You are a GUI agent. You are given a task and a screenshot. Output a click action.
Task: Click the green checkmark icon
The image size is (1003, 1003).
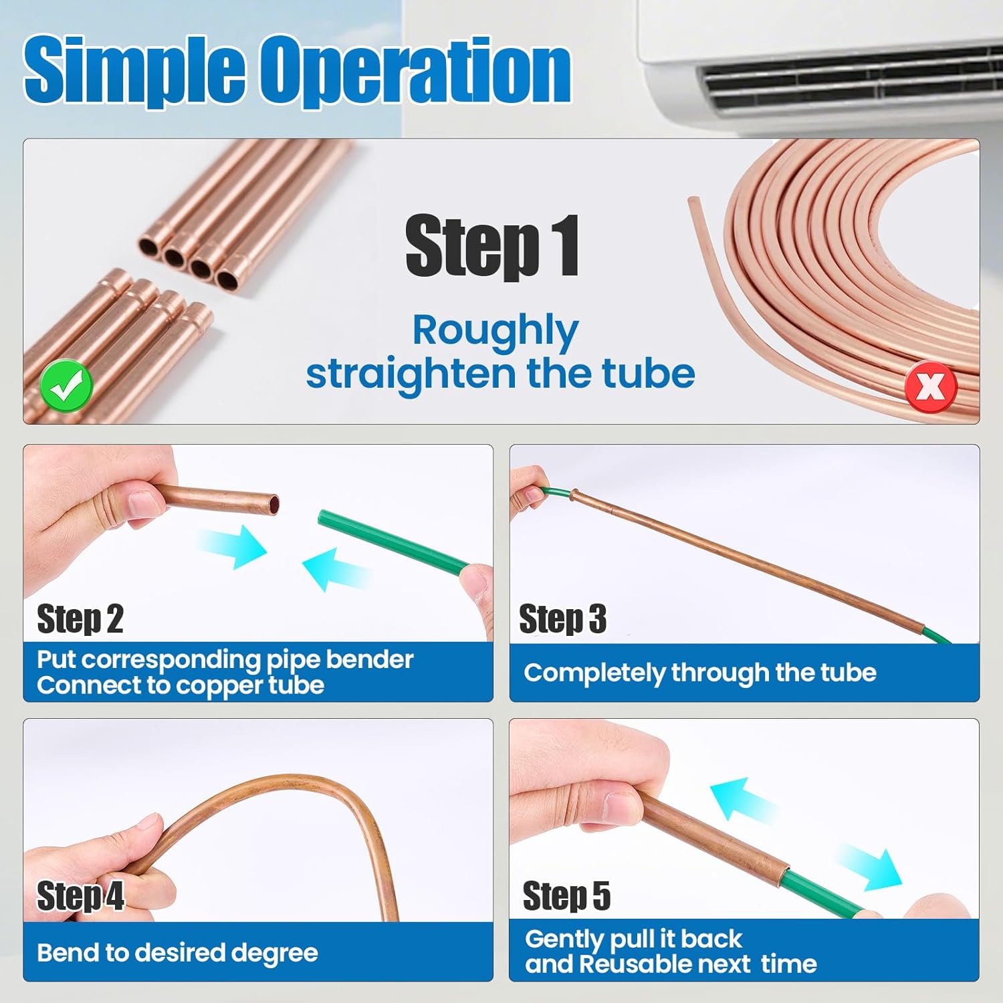pyautogui.click(x=66, y=386)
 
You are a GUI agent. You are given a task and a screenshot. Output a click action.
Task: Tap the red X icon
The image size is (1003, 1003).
pyautogui.click(x=931, y=386)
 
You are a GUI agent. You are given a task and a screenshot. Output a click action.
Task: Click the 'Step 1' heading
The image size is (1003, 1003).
pyautogui.click(x=493, y=246)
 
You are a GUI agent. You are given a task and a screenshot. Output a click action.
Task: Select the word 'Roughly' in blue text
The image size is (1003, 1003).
pyautogui.click(x=495, y=330)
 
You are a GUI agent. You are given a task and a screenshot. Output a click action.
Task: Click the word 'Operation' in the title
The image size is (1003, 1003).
pyautogui.click(x=416, y=70)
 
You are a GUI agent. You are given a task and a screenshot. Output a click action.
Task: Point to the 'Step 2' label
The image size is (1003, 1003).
pyautogui.click(x=80, y=619)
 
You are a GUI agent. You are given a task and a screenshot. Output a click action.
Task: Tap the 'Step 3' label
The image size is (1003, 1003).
pyautogui.click(x=563, y=619)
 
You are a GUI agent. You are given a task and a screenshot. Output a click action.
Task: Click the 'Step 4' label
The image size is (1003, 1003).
pyautogui.click(x=80, y=895)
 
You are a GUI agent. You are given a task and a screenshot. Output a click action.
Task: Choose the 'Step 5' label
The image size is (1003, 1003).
pyautogui.click(x=567, y=895)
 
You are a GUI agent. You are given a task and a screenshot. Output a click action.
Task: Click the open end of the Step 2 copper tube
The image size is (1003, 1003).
pyautogui.click(x=272, y=505)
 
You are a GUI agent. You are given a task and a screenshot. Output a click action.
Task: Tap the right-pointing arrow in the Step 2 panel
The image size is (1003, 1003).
pyautogui.click(x=233, y=546)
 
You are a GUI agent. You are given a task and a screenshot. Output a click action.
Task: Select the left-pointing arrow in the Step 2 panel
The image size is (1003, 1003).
pyautogui.click(x=336, y=569)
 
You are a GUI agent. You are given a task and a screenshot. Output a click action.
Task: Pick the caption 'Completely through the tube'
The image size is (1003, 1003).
pyautogui.click(x=700, y=673)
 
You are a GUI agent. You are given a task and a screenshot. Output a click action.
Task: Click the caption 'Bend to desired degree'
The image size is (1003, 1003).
pyautogui.click(x=177, y=953)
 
